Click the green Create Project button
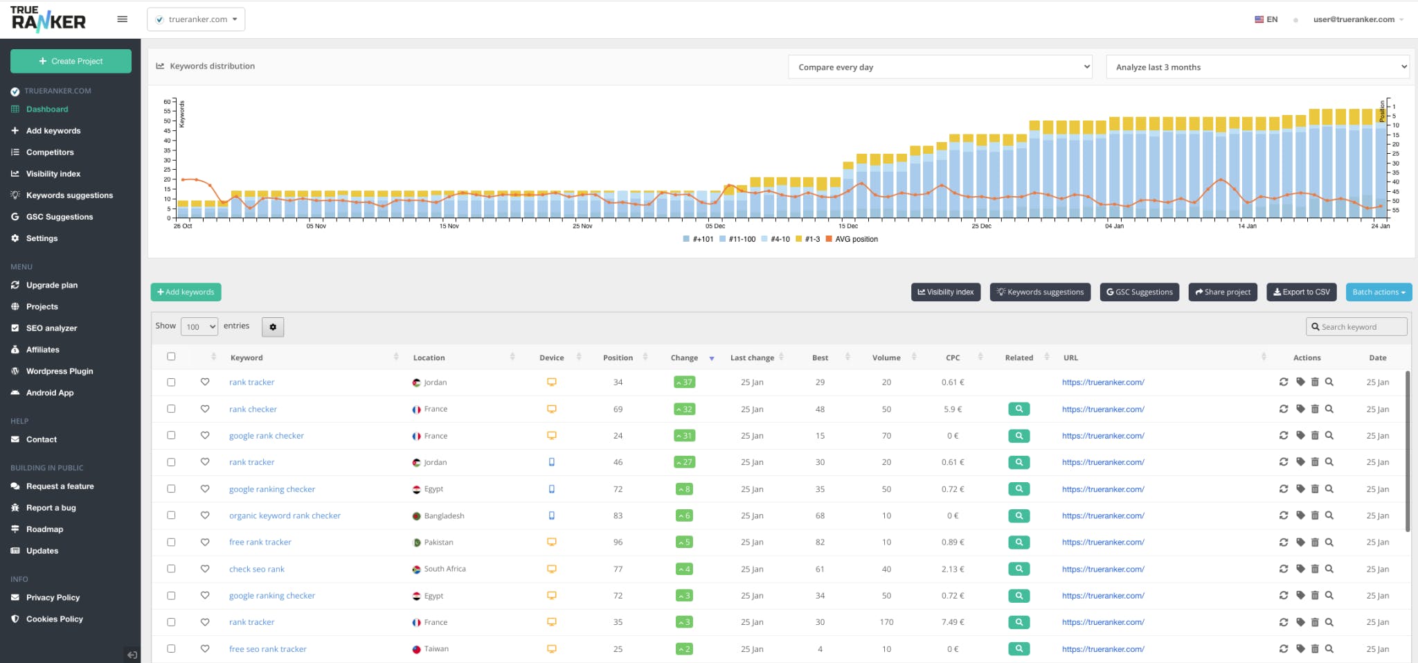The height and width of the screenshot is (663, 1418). click(x=71, y=61)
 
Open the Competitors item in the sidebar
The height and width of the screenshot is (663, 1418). click(x=50, y=152)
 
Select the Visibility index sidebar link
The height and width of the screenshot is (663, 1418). click(x=53, y=174)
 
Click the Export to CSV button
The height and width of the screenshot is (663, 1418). click(x=1302, y=292)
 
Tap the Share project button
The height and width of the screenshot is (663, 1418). click(x=1223, y=292)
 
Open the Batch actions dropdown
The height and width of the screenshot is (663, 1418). click(x=1379, y=292)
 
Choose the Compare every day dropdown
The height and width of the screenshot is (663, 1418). click(x=940, y=67)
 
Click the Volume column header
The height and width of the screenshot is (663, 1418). click(x=886, y=358)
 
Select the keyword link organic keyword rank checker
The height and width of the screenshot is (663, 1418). click(x=285, y=516)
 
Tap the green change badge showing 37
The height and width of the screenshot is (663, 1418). click(x=684, y=382)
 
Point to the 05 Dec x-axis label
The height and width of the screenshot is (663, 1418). click(x=715, y=227)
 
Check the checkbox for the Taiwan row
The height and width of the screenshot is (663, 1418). click(x=171, y=649)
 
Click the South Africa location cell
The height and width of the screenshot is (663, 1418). click(x=445, y=569)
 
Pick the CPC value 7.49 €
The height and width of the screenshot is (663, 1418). click(x=953, y=622)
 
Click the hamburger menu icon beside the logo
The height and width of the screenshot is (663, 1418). click(x=123, y=19)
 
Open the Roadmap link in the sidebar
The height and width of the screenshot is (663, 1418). click(x=44, y=529)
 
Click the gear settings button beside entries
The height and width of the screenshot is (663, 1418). click(x=273, y=327)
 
